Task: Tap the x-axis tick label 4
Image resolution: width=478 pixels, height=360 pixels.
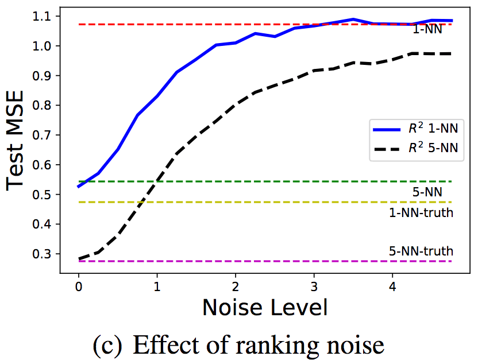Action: pos(392,286)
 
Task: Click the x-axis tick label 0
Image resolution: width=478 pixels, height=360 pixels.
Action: pos(79,286)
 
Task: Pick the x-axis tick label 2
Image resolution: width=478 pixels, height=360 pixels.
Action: pos(236,286)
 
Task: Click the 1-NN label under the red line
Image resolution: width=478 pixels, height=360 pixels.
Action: pos(427,29)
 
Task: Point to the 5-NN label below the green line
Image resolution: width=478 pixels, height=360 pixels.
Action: pos(427,192)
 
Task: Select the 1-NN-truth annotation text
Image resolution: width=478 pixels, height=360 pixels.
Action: pos(421,212)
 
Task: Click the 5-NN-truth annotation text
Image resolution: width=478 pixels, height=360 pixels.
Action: pos(421,251)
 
